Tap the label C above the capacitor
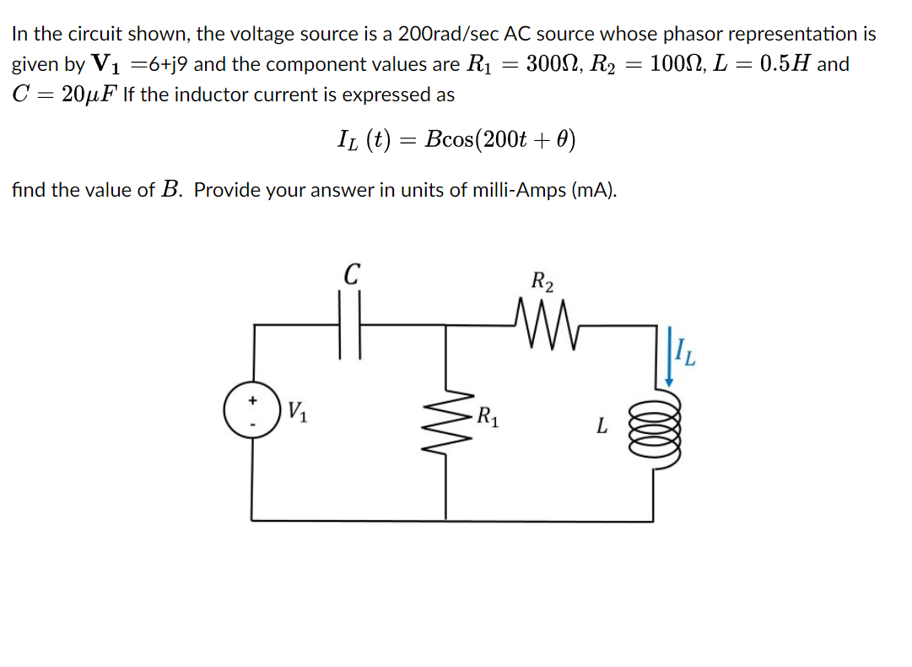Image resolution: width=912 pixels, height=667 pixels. point(352,275)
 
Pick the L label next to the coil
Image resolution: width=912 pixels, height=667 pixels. point(600,426)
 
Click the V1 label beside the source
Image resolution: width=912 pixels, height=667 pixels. point(296,411)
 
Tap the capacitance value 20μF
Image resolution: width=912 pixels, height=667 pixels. point(89,95)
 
